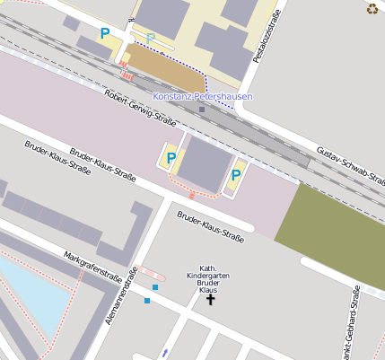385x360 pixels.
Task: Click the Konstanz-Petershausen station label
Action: tap(202, 96)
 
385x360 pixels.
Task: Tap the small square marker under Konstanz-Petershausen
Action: tap(202, 110)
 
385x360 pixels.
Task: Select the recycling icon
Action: tap(372, 9)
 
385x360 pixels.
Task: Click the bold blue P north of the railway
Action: tap(105, 34)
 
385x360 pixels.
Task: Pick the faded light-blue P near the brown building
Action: tap(151, 38)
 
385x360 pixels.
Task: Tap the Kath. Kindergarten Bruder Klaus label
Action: tap(207, 279)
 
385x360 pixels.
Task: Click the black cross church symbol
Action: tap(212, 299)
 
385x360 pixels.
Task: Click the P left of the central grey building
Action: tap(170, 160)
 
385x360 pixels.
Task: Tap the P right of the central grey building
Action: tap(237, 174)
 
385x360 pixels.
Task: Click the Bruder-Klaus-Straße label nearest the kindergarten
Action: tap(211, 227)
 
